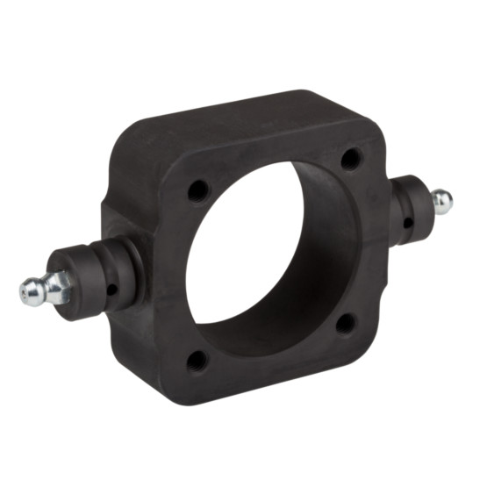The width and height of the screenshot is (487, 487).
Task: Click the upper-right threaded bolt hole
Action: coord(352,159)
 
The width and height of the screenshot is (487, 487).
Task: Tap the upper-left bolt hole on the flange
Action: coord(198,190)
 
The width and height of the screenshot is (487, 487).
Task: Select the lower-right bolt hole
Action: coord(347,323)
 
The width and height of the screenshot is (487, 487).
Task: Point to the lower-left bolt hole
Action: coord(197,358)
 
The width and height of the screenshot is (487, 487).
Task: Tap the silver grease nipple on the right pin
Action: coord(441,203)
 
